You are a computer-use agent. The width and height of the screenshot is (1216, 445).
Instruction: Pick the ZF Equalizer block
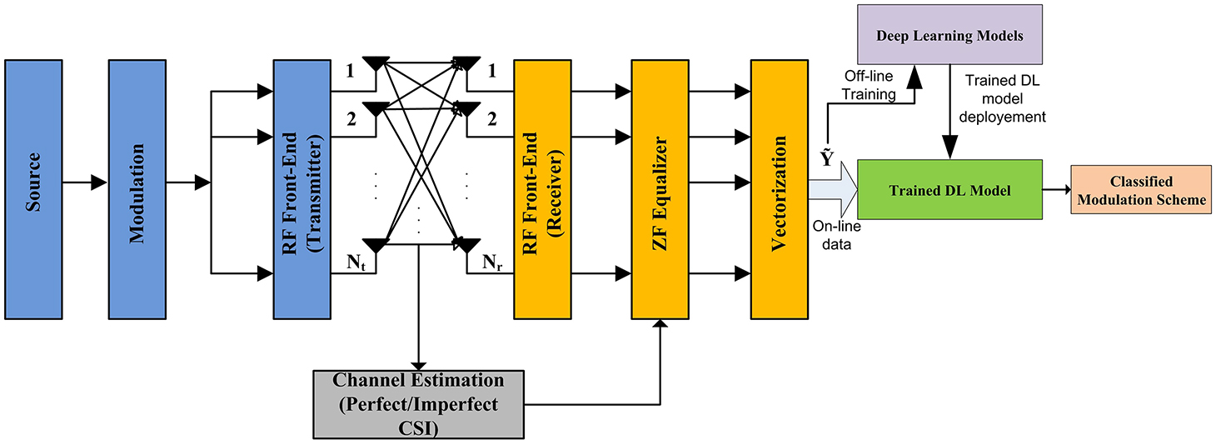pyautogui.click(x=661, y=188)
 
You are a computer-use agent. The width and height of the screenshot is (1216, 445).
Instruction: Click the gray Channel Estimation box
pyautogui.click(x=419, y=403)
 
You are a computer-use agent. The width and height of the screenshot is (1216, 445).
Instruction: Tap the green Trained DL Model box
pyautogui.click(x=949, y=191)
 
